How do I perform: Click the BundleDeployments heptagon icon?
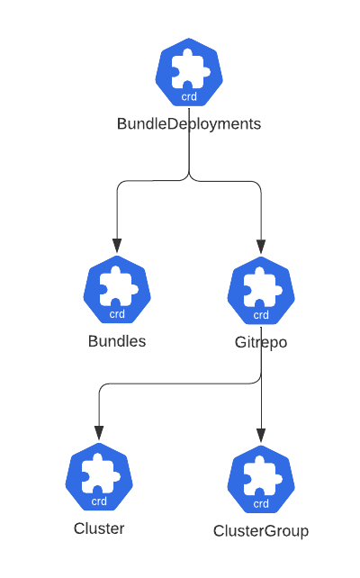[189, 73]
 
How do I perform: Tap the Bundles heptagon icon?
[117, 291]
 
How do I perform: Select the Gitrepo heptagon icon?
[261, 291]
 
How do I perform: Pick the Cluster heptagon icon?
[99, 478]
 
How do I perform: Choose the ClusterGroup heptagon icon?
[261, 480]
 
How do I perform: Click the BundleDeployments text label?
[189, 124]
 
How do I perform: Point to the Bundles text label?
[117, 342]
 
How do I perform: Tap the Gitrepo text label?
[261, 342]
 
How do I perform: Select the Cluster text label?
[99, 528]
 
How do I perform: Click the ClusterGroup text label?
[261, 531]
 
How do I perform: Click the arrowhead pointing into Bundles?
[117, 246]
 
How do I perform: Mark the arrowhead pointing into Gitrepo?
[261, 246]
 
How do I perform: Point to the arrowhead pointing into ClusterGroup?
[261, 436]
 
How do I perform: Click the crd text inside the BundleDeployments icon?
[189, 96]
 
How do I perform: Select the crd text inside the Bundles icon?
[117, 314]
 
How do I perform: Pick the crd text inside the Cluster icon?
[99, 501]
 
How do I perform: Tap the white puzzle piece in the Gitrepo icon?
[261, 286]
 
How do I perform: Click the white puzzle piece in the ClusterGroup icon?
[261, 475]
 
